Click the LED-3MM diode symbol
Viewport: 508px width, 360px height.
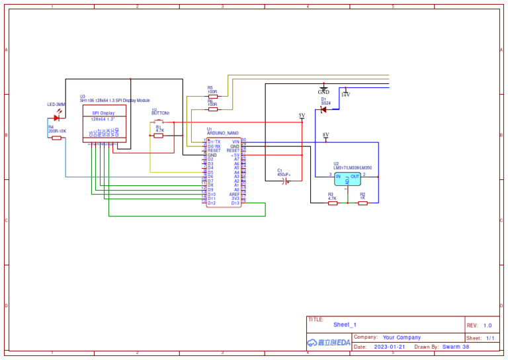(57, 118)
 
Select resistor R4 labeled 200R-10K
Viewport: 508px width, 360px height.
(57, 138)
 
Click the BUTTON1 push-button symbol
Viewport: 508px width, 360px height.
(159, 121)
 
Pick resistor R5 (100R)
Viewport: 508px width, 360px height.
(212, 96)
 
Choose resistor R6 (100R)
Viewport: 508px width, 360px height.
(212, 109)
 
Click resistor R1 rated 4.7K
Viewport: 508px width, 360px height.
(159, 135)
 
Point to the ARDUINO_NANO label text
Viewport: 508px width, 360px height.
(222, 133)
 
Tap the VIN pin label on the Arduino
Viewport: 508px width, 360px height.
(235, 142)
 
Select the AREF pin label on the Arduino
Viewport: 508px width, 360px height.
(234, 195)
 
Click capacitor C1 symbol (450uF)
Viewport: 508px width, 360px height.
(286, 180)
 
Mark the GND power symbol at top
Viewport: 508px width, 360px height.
(323, 89)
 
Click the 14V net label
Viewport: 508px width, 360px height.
(345, 94)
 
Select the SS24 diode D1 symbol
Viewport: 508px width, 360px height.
(323, 110)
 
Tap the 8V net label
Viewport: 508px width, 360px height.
(325, 135)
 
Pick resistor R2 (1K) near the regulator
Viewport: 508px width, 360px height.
(362, 203)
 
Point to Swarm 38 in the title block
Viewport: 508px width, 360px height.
(456, 347)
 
